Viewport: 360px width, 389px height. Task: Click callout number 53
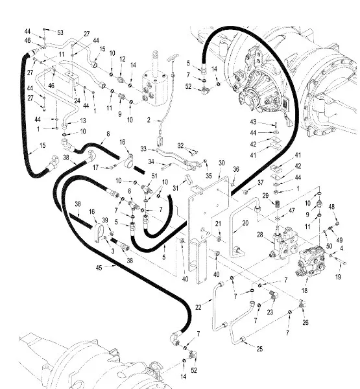click(x=60, y=33)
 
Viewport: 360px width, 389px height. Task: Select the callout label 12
click(x=123, y=59)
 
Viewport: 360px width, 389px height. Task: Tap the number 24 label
click(x=77, y=100)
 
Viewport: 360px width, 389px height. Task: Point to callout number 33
click(x=143, y=149)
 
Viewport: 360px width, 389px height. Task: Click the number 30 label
click(x=221, y=163)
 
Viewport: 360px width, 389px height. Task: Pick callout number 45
click(x=99, y=268)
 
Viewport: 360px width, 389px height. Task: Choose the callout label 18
click(x=304, y=290)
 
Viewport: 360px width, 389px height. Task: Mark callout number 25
click(x=259, y=349)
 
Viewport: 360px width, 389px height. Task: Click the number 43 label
click(x=253, y=122)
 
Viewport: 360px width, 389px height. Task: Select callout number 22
click(x=198, y=307)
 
